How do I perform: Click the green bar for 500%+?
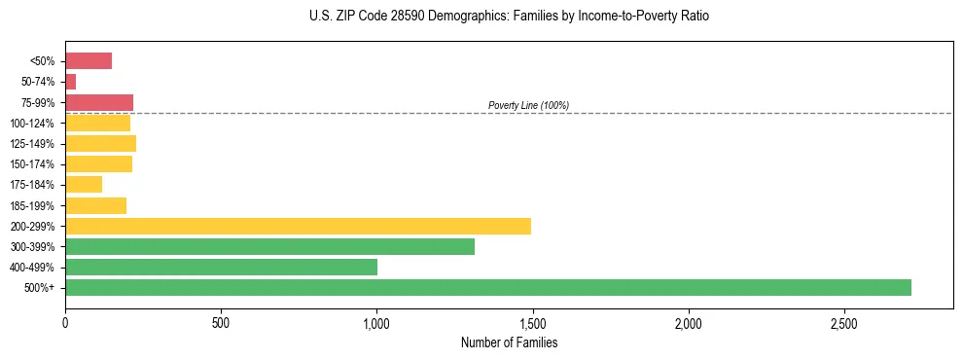point(487,287)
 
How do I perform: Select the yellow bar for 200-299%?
point(298,226)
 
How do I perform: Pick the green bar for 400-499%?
point(221,267)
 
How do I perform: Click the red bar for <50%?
point(89,61)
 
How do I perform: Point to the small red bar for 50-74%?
point(70,82)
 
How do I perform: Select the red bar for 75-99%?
point(99,102)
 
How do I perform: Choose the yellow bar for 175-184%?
point(84,184)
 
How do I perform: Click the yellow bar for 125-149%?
point(100,143)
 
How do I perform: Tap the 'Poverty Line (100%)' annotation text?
point(528,105)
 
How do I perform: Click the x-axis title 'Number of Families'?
point(509,342)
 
